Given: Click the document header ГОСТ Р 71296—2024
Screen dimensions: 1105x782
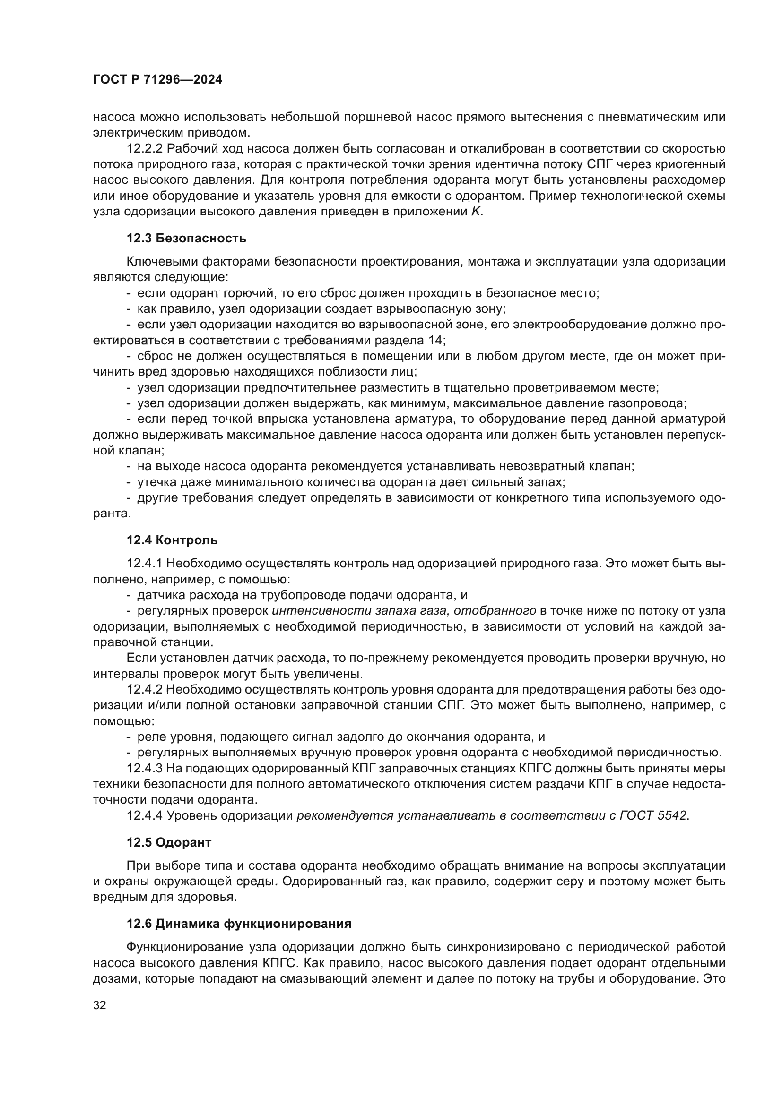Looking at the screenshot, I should coord(157,80).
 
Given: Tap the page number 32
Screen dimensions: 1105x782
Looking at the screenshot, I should coord(99,1005).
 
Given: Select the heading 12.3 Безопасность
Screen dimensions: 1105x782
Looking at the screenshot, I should coord(186,238).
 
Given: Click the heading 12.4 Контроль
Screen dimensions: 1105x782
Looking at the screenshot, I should coord(172,540).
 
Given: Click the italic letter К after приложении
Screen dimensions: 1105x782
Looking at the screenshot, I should coord(475,212).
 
